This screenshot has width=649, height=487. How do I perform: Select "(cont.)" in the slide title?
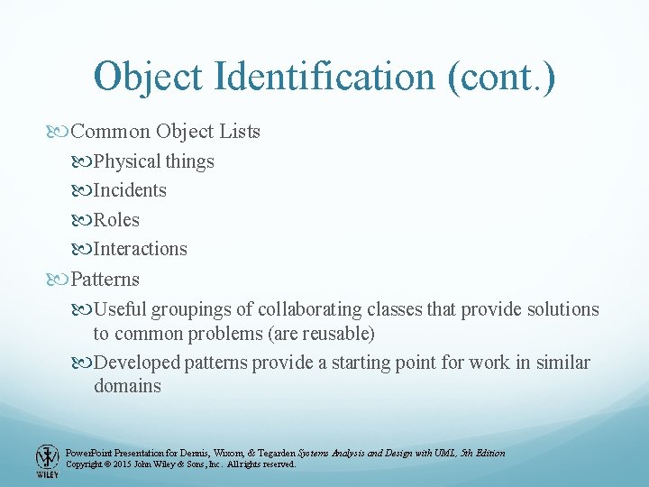pos(500,77)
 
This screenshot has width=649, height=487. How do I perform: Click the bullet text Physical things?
pos(154,161)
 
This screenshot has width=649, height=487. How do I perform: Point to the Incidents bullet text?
pos(130,190)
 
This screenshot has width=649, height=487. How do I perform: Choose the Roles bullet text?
pos(116,219)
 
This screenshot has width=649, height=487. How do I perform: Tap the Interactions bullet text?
pos(141,248)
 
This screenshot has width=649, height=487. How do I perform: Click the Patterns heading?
pos(105,279)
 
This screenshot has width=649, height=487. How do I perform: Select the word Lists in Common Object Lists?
pos(239,132)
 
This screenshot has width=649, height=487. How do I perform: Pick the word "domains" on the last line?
pos(127,386)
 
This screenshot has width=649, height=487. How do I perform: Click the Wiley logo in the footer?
pos(46,460)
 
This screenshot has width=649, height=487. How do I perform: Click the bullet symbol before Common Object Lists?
pos(59,132)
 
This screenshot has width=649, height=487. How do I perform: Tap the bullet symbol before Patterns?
pos(59,279)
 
